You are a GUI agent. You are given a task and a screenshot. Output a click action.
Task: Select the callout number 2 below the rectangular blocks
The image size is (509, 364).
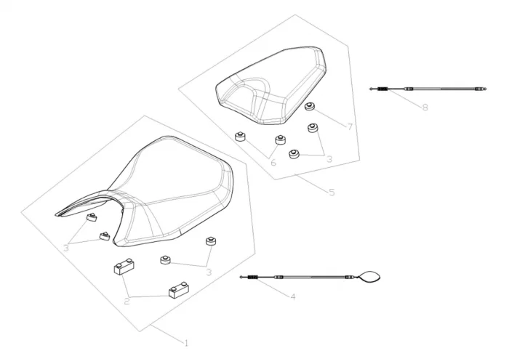coord(127,299)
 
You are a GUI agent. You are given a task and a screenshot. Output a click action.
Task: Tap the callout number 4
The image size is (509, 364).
coord(292,296)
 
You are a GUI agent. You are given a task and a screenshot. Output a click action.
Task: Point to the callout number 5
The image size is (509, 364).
coord(332,193)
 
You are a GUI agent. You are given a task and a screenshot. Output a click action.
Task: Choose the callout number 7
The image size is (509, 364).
coord(350,127)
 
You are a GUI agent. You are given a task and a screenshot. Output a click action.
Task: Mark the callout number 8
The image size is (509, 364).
coord(425,107)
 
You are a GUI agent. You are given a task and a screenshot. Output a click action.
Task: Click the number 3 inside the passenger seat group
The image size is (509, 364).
coord(329,158)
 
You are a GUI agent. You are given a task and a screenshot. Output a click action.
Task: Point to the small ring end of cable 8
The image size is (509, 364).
coord(372,89)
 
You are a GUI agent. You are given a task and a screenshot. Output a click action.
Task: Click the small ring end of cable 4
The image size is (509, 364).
coord(242,277)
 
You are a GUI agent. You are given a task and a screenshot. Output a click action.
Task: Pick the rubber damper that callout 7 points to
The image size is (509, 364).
coord(310,108)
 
